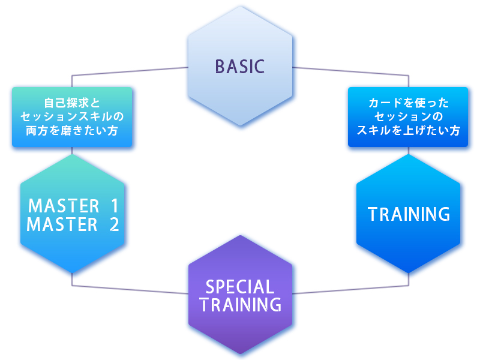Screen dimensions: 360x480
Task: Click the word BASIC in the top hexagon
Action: (239, 67)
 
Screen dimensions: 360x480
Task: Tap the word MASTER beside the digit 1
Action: (64, 206)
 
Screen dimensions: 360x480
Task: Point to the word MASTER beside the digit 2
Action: (62, 225)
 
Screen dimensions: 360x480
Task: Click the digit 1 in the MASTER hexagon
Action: (115, 206)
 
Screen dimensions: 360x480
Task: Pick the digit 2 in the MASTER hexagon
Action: (113, 225)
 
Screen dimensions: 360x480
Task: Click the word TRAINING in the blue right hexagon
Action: (409, 214)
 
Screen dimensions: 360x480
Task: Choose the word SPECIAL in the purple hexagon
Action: (240, 287)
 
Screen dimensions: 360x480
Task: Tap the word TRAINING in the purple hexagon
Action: (240, 305)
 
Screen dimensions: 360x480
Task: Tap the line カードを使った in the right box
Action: (408, 103)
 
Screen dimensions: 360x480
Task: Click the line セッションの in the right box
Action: (408, 116)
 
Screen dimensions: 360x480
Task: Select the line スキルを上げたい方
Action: (408, 130)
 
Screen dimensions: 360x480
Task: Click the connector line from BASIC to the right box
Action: (354, 71)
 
